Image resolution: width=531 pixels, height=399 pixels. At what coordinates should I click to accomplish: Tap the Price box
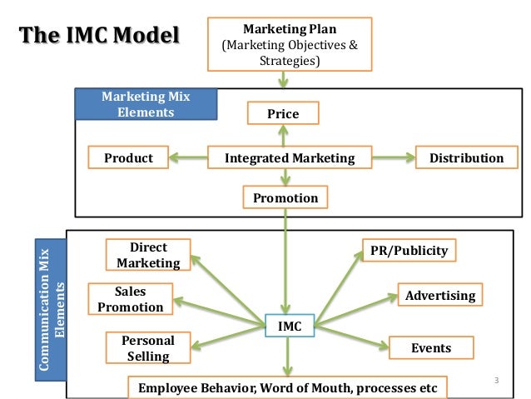click(282, 113)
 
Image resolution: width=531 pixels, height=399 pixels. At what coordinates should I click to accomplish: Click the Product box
click(128, 157)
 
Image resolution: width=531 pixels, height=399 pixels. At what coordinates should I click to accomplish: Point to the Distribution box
click(466, 157)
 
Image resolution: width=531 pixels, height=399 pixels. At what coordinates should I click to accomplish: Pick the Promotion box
click(285, 197)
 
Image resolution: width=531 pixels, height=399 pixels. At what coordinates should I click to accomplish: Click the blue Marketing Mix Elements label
click(146, 104)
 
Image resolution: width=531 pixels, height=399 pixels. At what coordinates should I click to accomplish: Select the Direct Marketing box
click(148, 255)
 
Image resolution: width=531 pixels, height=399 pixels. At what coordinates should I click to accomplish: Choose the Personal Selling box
click(147, 348)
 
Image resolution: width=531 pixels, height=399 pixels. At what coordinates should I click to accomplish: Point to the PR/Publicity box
click(409, 250)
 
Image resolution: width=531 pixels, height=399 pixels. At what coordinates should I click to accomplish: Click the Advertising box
click(439, 295)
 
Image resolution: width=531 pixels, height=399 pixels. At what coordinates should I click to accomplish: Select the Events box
click(431, 347)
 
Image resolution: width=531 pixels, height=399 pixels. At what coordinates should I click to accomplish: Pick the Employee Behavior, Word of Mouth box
click(287, 388)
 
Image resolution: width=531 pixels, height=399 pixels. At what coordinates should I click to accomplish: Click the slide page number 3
click(496, 382)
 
